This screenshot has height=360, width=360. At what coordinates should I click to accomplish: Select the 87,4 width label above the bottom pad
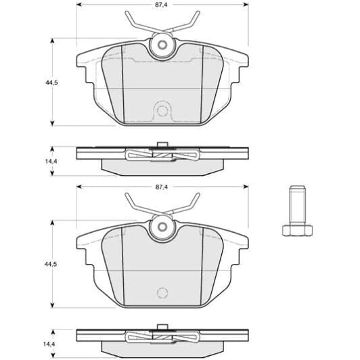click(x=161, y=186)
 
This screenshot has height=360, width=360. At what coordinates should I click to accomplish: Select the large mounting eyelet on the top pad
click(x=161, y=46)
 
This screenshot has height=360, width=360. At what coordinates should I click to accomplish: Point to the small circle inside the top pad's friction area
click(x=161, y=110)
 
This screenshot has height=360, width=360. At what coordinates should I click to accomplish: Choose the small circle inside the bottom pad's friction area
click(x=161, y=292)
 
